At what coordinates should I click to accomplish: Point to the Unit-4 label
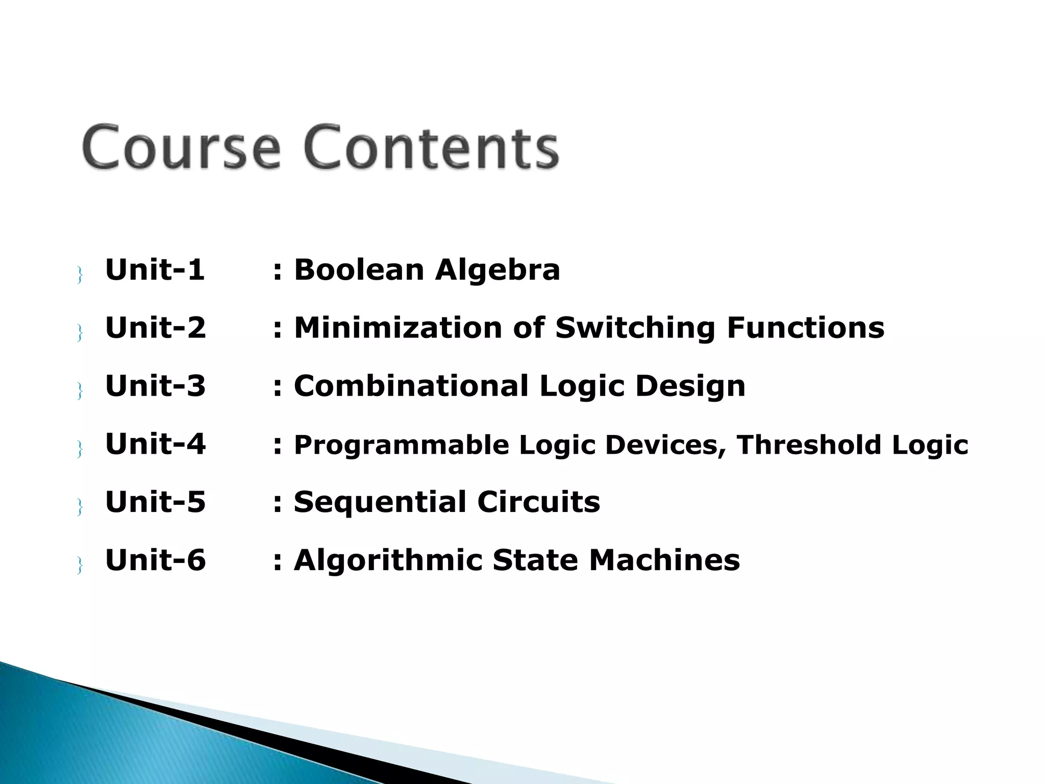coord(155,444)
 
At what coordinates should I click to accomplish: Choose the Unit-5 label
coord(155,502)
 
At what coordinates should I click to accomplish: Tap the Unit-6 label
coord(155,560)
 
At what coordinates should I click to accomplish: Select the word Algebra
coord(497,271)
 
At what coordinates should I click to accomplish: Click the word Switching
coord(635,328)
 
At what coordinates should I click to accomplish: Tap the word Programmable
coord(401,445)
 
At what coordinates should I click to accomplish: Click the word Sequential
coord(380,503)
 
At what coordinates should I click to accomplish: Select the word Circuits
coord(538,502)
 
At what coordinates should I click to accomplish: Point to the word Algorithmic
coord(388,561)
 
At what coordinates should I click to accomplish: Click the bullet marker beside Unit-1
coord(80,275)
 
